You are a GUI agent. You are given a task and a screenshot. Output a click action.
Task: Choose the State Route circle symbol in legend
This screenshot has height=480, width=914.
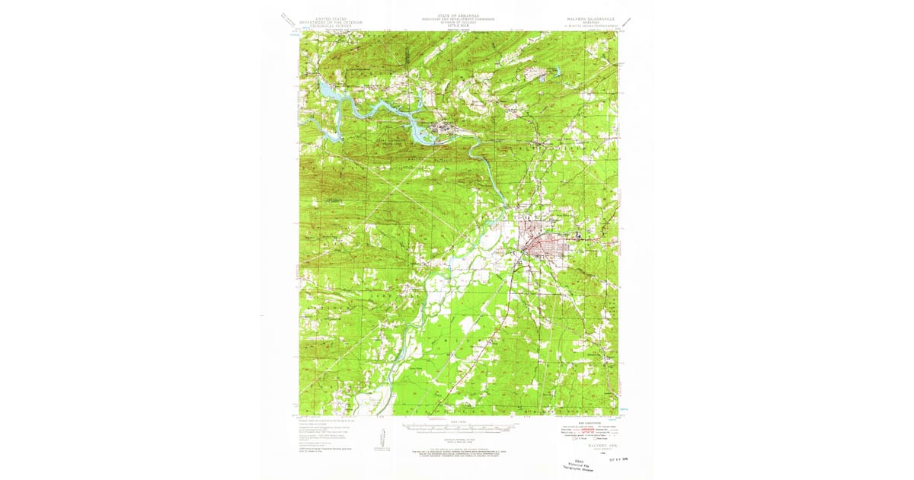point(598,438)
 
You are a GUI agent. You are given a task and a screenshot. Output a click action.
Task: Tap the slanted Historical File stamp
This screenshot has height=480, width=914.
point(582,467)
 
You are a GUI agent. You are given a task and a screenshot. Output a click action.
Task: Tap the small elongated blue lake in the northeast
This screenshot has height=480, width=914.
point(557,72)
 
